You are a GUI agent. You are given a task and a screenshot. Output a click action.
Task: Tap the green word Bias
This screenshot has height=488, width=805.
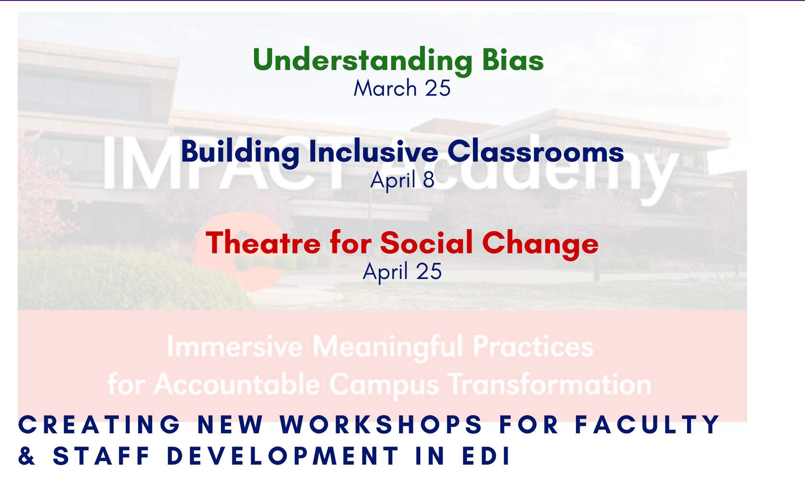[513, 59]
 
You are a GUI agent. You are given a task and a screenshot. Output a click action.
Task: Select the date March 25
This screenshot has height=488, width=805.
[402, 88]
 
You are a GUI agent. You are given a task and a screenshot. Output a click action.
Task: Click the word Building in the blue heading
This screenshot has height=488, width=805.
[240, 153]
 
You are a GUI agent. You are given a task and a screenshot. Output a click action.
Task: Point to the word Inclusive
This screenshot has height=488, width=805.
[373, 151]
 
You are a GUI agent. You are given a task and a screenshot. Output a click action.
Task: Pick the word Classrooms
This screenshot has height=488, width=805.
[536, 151]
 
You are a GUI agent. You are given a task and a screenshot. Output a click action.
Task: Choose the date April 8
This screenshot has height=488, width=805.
[402, 180]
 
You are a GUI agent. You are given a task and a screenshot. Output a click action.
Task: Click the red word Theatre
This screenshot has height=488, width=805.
[263, 243]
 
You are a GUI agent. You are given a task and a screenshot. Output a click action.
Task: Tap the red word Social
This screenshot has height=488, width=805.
[426, 243]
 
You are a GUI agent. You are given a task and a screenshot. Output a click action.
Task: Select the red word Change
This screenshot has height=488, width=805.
[540, 245]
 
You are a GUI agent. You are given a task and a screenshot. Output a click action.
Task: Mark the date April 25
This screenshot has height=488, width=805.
[402, 272]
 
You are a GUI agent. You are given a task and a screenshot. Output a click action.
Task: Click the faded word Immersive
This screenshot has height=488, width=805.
[235, 346]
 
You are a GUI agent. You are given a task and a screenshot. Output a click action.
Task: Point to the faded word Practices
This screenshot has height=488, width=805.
[533, 346]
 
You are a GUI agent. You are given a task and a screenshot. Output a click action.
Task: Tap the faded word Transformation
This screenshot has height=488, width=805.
[550, 384]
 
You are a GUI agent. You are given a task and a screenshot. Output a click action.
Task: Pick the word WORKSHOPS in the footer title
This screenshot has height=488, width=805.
[381, 424]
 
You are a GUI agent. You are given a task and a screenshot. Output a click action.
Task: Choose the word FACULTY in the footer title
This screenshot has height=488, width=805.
[647, 424]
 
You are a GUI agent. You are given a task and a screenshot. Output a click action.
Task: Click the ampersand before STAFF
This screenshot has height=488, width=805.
[27, 456]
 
